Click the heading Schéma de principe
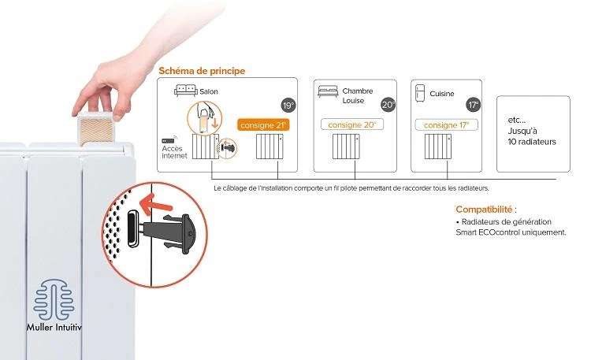coord(202,71)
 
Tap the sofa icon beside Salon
coord(186,91)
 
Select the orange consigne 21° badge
coord(263,125)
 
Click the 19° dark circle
coord(288,106)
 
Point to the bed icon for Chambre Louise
coord(328,91)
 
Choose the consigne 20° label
coord(352,124)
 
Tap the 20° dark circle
coord(388,105)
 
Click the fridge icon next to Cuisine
coord(420,93)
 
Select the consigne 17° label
coord(446,125)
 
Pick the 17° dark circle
coord(474,105)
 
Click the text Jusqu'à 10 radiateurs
coord(532,136)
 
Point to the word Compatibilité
coord(484,210)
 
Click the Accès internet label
coord(174,152)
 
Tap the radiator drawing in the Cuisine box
coord(438,147)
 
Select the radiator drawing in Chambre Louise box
coord(346,147)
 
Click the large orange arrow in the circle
coord(156,204)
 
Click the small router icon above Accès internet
coord(169,140)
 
